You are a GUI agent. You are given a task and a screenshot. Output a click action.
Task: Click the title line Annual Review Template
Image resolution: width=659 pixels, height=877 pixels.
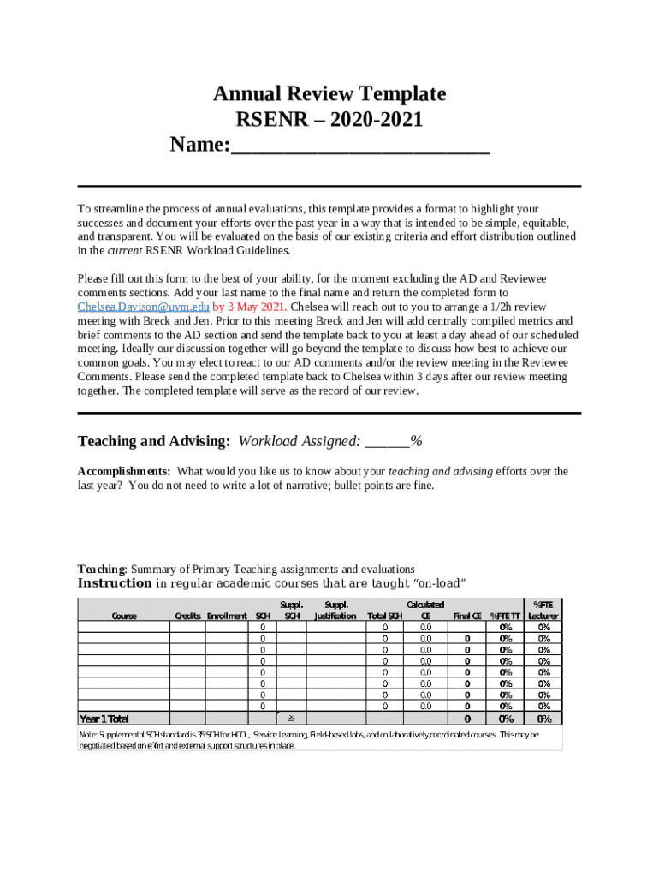329,94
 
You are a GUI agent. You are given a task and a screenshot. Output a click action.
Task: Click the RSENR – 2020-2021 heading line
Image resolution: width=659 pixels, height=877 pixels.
329,120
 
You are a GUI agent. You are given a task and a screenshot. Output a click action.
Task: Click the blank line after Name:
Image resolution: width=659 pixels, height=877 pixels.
359,147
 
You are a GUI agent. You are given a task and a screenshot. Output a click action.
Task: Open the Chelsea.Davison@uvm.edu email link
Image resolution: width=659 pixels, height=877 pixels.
144,307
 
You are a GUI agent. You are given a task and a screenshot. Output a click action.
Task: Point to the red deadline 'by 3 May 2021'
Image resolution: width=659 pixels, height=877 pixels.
251,307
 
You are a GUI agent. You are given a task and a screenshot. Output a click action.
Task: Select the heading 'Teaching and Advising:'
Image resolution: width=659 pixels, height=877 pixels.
154,441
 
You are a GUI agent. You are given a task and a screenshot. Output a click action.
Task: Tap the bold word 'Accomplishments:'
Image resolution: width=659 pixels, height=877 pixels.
124,472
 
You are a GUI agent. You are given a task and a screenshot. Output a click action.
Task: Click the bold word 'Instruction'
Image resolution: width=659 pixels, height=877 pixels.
115,583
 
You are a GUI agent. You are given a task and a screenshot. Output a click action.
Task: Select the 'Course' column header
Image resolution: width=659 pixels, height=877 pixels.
125,616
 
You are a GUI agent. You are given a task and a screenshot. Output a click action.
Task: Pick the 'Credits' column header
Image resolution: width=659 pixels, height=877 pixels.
187,616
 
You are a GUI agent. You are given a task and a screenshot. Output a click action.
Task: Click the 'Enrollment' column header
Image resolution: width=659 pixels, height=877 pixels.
227,616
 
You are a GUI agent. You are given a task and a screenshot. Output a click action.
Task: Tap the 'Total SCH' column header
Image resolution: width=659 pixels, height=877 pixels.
384,616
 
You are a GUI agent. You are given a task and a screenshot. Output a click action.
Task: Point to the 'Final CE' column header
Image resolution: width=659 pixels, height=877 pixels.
467,616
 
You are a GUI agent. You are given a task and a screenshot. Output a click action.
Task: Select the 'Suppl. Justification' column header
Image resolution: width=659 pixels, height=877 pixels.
335,611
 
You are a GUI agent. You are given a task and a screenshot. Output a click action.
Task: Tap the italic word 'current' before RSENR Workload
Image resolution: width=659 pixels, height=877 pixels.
124,251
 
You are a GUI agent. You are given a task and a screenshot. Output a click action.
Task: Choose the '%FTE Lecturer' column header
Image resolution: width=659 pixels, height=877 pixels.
543,611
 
